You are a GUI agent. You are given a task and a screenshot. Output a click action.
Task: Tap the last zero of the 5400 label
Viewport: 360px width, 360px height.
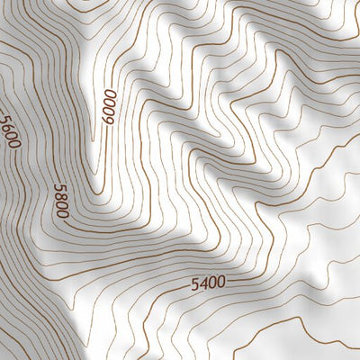[220, 283]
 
